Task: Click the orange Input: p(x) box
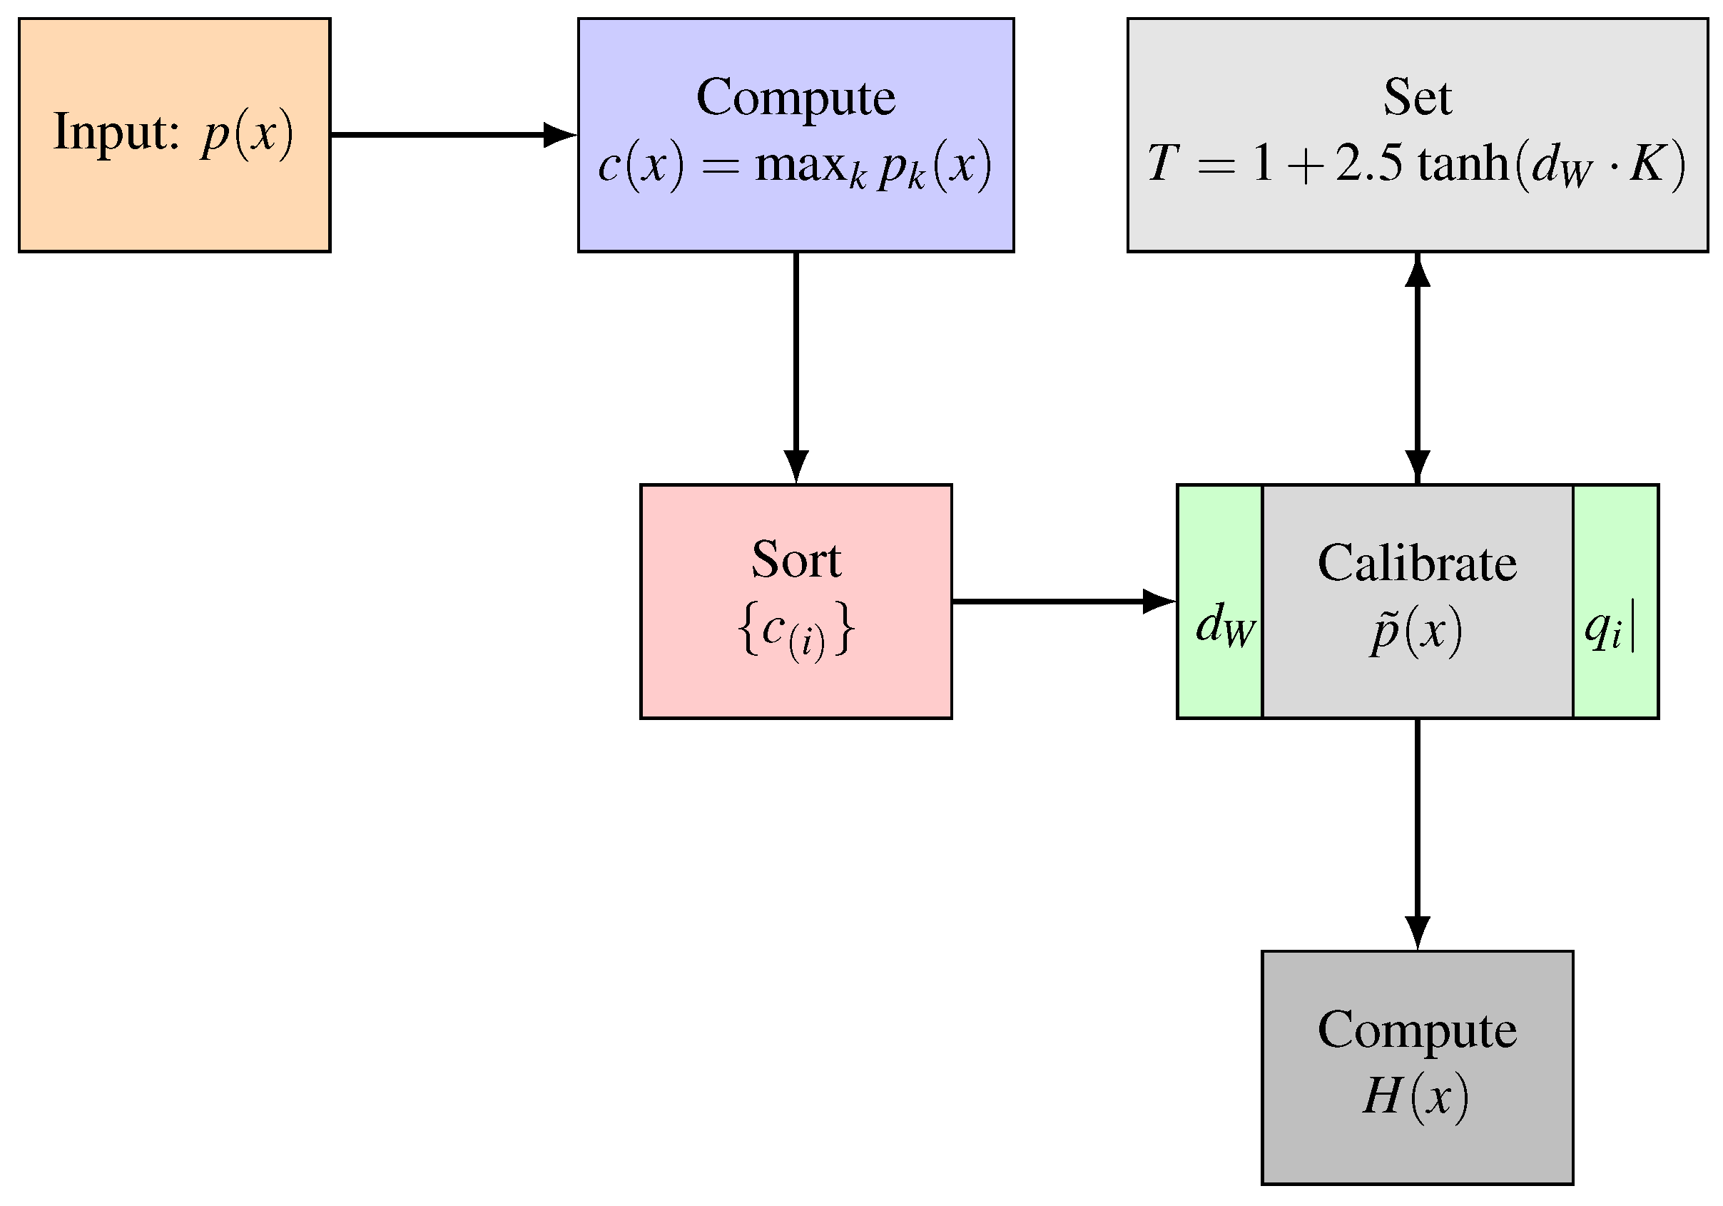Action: point(174,135)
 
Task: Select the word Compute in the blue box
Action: point(796,98)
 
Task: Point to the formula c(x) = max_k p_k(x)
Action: point(796,165)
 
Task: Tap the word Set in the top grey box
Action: point(1417,98)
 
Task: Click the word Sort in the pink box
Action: point(796,561)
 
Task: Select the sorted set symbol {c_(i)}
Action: point(796,630)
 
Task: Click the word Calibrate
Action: point(1417,564)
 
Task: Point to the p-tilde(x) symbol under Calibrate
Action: point(1415,630)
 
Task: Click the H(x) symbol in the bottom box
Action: point(1415,1096)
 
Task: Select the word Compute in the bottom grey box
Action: point(1417,1030)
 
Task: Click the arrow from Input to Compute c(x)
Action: point(450,135)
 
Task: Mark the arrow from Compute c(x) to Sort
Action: point(796,368)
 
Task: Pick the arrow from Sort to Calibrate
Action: point(1062,601)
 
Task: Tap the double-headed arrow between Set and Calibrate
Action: point(1417,368)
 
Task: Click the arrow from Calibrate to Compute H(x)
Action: point(1417,833)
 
